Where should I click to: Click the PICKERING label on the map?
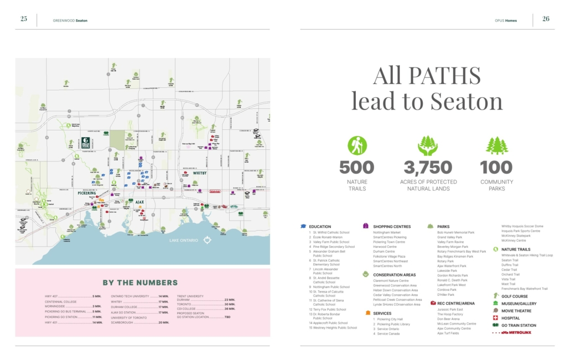(86, 194)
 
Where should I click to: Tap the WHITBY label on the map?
(199, 173)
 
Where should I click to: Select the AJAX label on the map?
(139, 202)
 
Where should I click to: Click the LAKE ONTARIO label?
(184, 240)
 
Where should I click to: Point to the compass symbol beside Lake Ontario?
(208, 240)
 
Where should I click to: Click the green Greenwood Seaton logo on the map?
(87, 143)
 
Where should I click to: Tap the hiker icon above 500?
(357, 145)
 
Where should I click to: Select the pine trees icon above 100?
(496, 145)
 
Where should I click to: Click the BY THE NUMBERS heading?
(140, 283)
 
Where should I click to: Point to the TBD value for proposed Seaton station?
(227, 317)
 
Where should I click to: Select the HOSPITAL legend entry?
(510, 318)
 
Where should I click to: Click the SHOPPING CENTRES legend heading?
(392, 227)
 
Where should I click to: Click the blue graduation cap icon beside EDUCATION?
(303, 227)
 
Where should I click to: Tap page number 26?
(546, 18)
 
